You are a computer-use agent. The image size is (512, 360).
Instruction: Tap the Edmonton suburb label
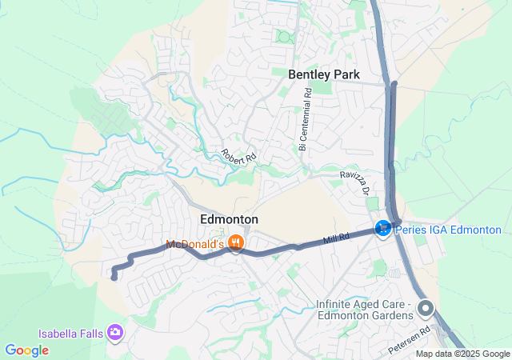pyautogui.click(x=229, y=219)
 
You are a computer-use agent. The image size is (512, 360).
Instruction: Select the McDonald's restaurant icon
pyautogui.click(x=235, y=243)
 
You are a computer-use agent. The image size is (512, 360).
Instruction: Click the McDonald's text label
pyautogui.click(x=195, y=244)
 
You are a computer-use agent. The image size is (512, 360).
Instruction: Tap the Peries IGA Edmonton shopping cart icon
pyautogui.click(x=383, y=230)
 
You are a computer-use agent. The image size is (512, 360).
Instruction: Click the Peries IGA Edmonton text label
pyautogui.click(x=448, y=230)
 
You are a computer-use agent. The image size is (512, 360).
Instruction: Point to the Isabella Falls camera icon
pyautogui.click(x=116, y=331)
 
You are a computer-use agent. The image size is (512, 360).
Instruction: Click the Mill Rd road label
pyautogui.click(x=337, y=238)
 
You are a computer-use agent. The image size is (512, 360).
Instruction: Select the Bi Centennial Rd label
pyautogui.click(x=305, y=119)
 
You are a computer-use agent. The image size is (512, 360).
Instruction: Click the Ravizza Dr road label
pyautogui.click(x=354, y=182)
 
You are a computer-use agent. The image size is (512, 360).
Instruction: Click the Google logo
pyautogui.click(x=26, y=350)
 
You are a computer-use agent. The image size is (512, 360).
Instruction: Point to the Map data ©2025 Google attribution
pyautogui.click(x=462, y=354)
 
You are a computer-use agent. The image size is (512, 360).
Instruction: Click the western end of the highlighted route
pyautogui.click(x=114, y=278)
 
